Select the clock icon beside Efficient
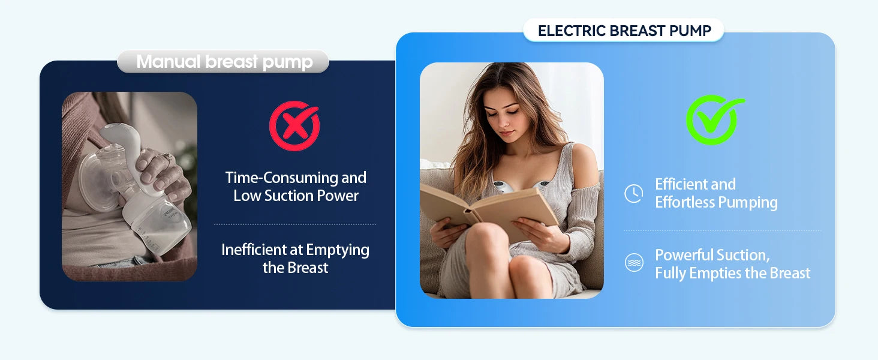(x=634, y=193)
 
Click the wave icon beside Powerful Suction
(x=634, y=263)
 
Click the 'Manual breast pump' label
(x=224, y=62)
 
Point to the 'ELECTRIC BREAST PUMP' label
(x=624, y=31)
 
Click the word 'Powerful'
(x=682, y=255)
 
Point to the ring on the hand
(x=169, y=158)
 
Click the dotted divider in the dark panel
(x=295, y=225)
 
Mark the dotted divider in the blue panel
(x=722, y=230)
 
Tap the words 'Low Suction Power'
(x=296, y=196)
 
